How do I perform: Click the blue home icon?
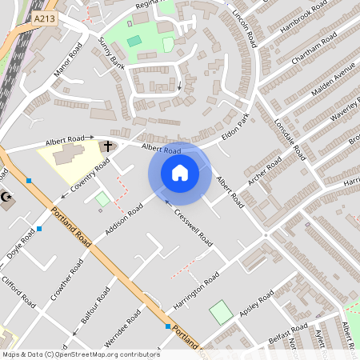click(180, 173)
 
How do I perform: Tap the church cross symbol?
click(106, 146)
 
